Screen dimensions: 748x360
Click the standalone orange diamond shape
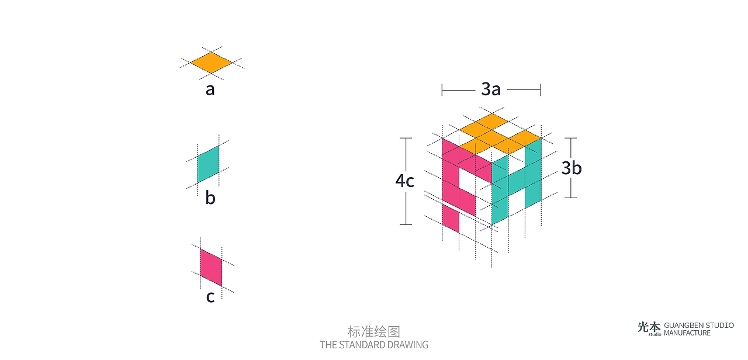tap(212, 63)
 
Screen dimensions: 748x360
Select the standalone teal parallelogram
tap(209, 164)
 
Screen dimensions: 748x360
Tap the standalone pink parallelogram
tap(211, 268)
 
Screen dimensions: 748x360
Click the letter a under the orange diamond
tap(210, 89)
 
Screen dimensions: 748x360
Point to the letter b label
tap(210, 197)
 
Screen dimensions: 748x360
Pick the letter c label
tap(210, 296)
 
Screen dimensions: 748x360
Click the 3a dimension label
tap(491, 89)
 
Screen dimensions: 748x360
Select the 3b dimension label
tap(572, 168)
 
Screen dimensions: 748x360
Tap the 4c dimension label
tap(405, 181)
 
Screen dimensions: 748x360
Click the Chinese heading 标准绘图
tap(374, 331)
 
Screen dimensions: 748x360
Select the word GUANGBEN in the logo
tap(683, 326)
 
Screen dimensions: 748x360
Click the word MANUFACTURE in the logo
tap(687, 333)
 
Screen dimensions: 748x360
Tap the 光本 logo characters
tap(649, 327)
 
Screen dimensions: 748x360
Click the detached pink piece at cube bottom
tap(451, 218)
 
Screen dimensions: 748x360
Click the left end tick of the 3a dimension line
tap(442, 90)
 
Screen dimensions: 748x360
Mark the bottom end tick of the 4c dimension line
tap(406, 224)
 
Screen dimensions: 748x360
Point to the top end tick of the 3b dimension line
tap(571, 138)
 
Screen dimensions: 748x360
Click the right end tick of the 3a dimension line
tap(541, 90)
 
